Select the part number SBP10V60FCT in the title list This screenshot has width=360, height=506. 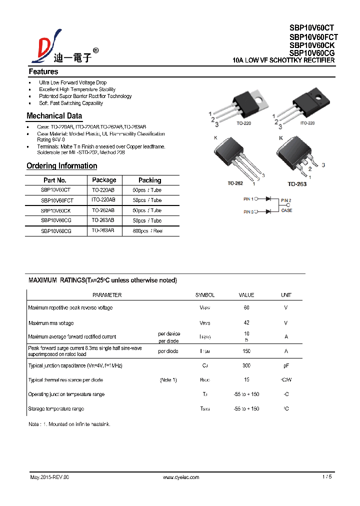tap(313, 37)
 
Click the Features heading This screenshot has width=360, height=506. tap(43, 71)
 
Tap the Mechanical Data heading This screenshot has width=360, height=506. tap(54, 116)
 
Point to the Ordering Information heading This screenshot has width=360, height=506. tap(61, 166)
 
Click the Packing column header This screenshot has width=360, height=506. tap(149, 180)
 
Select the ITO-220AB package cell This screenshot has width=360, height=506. tap(103, 200)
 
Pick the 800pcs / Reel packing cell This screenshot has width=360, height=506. tap(147, 231)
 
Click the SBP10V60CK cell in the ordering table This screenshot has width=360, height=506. tap(55, 210)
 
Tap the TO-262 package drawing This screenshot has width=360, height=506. tap(235, 158)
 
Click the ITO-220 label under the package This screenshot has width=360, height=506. tap(307, 123)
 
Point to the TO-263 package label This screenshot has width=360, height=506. tap(297, 184)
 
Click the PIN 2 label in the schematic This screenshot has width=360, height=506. tap(285, 200)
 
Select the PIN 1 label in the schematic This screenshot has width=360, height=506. tap(248, 199)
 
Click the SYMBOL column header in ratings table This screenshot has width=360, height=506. tap(204, 295)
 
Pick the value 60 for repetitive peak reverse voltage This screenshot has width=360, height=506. tap(246, 307)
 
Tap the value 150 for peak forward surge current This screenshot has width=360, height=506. tap(246, 351)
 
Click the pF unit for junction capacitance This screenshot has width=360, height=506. tap(286, 365)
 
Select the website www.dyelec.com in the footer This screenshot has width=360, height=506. tap(181, 477)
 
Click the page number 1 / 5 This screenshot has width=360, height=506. tap(327, 477)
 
